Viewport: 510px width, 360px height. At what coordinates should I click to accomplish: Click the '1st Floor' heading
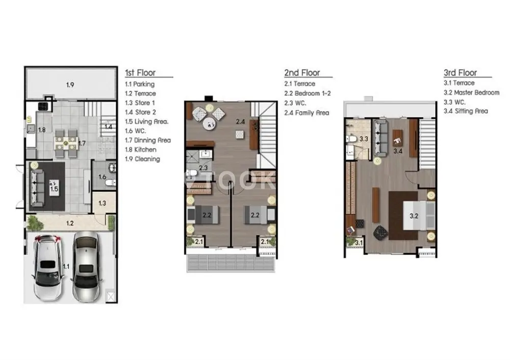140,73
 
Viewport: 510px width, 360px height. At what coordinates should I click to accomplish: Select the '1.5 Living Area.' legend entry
147,122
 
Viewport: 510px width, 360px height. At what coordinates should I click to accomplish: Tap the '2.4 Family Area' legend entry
307,113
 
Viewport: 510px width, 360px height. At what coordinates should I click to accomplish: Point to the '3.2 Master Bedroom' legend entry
471,93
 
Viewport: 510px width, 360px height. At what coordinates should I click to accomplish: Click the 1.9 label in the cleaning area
70,85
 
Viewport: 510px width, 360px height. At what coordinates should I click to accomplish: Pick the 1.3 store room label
102,203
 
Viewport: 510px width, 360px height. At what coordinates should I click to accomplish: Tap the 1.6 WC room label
102,177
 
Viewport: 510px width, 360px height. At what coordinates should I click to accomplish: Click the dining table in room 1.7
66,142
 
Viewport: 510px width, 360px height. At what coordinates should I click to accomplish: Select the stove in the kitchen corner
43,107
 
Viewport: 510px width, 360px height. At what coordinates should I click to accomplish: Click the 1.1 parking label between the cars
66,267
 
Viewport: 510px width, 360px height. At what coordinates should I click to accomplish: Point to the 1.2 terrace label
70,223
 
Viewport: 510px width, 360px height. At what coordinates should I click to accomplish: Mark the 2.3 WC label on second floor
203,168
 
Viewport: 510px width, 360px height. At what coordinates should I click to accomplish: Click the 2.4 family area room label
240,122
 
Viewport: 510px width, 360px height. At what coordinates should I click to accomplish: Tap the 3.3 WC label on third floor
364,139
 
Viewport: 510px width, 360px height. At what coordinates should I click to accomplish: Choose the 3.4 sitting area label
398,151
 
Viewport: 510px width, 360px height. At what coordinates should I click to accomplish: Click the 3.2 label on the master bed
414,216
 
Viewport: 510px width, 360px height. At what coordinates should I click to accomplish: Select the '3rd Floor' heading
460,73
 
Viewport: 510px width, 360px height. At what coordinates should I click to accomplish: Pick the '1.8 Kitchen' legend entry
141,149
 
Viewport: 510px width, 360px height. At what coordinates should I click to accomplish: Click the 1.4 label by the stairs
108,126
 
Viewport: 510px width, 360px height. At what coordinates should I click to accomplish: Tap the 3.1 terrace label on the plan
359,243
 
